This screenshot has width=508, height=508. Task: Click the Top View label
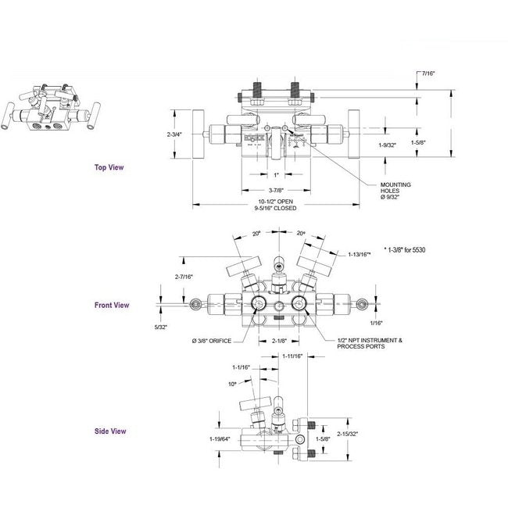(x=109, y=166)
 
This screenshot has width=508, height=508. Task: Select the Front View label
(x=112, y=306)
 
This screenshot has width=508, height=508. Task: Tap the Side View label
(x=110, y=431)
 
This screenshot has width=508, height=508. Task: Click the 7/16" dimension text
(x=428, y=73)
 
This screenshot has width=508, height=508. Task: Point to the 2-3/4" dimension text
(x=175, y=134)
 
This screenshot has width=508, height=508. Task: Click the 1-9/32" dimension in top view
(x=388, y=145)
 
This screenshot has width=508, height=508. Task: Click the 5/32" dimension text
(x=162, y=327)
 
